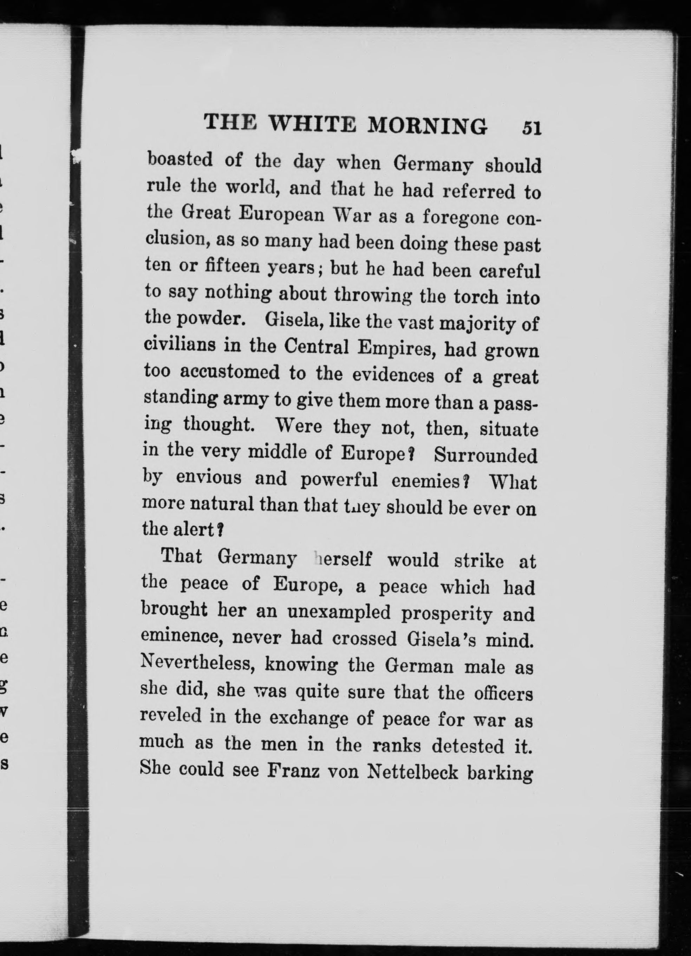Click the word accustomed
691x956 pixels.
230,372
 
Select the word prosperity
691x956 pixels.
446,613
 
